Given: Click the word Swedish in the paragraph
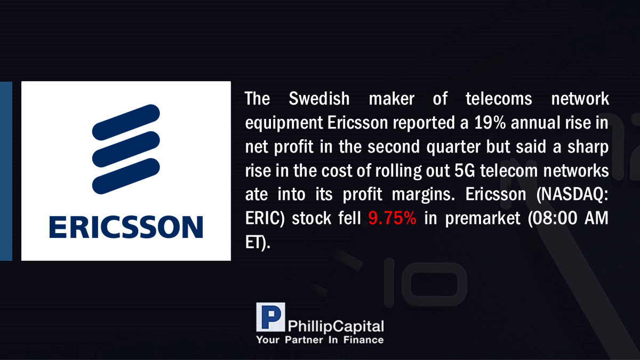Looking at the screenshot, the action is pos(319,99).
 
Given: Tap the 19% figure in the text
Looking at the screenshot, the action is pos(490,123).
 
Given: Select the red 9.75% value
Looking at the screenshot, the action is pos(392,218).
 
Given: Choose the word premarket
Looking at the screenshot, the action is pos(483,219).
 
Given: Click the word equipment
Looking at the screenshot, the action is pos(284,123).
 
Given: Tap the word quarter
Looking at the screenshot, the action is pos(453,147).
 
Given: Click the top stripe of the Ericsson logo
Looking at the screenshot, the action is pos(126,122).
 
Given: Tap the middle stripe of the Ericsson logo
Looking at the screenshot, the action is pos(126,149).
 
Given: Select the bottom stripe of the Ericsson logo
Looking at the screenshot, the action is pos(126,176).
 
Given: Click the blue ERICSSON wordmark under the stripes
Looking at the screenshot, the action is pos(126,227).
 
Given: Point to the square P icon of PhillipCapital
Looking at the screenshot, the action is pos(270,317).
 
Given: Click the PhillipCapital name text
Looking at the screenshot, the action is pos(336,326).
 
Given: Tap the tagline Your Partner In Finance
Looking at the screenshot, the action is pos(320,340).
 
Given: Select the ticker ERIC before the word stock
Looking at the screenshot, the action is pos(263,219).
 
